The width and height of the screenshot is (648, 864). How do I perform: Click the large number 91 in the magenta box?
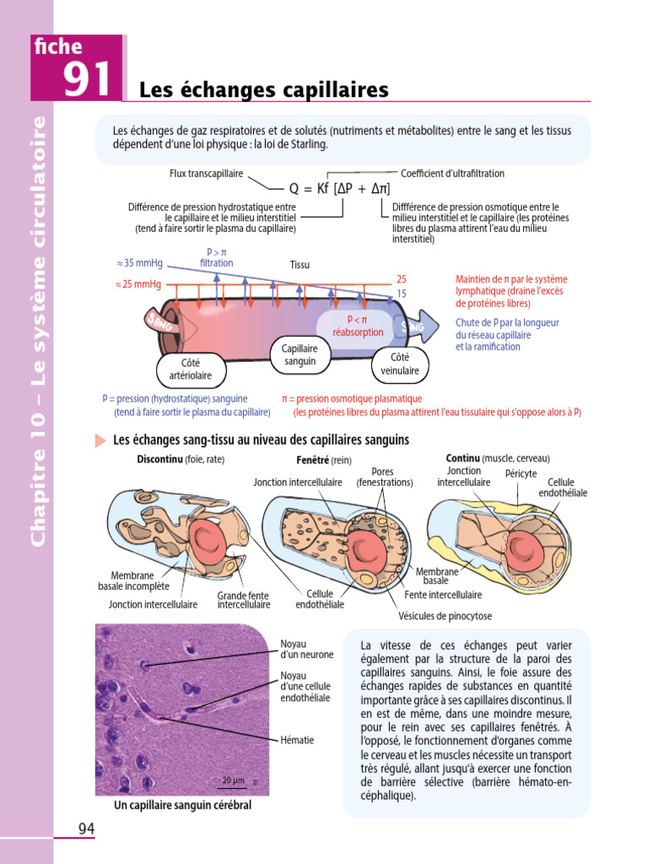(86, 79)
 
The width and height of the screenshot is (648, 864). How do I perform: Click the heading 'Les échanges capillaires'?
(263, 89)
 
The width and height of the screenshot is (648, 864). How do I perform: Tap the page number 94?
(86, 829)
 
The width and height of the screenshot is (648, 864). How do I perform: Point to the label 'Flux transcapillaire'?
(206, 174)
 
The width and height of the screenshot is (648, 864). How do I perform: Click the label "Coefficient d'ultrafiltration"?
(452, 174)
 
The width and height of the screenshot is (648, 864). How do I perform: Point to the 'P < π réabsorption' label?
(358, 326)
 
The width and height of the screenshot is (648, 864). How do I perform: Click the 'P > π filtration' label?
(217, 257)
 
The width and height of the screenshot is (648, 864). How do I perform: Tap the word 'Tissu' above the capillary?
(300, 265)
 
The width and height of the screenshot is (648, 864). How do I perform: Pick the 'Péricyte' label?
(521, 474)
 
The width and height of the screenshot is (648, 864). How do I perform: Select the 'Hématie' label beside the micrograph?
(297, 740)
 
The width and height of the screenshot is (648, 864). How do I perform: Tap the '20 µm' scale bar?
(233, 780)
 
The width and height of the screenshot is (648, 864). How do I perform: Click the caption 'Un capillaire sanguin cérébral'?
(182, 806)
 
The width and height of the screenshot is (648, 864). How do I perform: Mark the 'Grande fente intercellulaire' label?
(244, 600)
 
